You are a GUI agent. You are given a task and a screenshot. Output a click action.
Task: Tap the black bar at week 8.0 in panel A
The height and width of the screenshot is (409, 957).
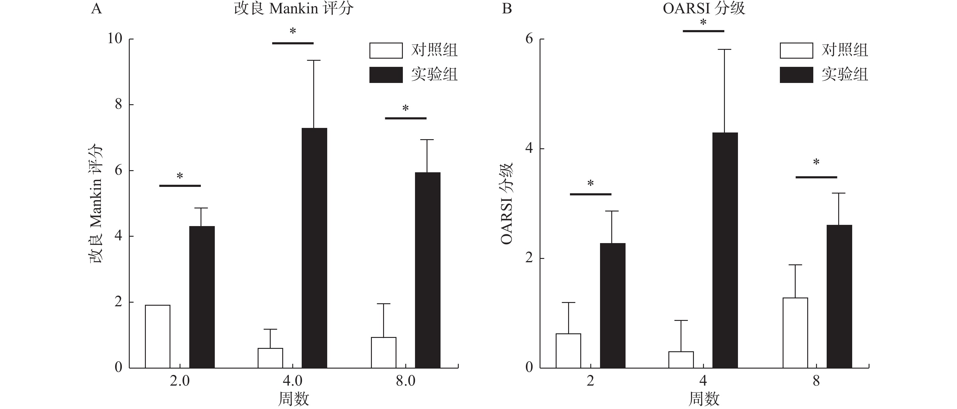click(427, 270)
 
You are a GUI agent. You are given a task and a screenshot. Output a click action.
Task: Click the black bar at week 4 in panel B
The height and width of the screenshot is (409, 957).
click(725, 250)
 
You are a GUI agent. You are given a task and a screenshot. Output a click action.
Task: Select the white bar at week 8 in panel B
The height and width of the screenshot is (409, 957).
click(795, 332)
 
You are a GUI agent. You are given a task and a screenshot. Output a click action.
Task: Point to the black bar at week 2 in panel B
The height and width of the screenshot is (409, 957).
click(612, 305)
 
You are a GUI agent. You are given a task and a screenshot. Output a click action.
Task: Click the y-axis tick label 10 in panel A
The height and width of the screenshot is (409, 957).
click(115, 38)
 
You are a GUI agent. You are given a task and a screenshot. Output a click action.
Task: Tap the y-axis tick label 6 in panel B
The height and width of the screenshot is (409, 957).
click(529, 38)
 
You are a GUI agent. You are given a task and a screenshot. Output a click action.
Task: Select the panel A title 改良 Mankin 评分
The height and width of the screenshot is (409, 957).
click(293, 9)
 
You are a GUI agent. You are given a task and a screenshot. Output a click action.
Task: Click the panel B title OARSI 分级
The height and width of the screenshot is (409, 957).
click(704, 9)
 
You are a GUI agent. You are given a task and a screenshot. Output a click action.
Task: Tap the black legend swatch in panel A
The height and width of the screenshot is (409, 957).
click(386, 75)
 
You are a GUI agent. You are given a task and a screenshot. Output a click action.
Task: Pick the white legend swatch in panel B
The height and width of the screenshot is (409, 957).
click(796, 50)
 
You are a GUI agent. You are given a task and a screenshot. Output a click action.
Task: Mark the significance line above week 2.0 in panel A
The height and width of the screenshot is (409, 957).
click(180, 186)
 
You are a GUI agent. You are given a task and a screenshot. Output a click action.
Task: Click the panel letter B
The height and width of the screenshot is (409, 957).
click(507, 9)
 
